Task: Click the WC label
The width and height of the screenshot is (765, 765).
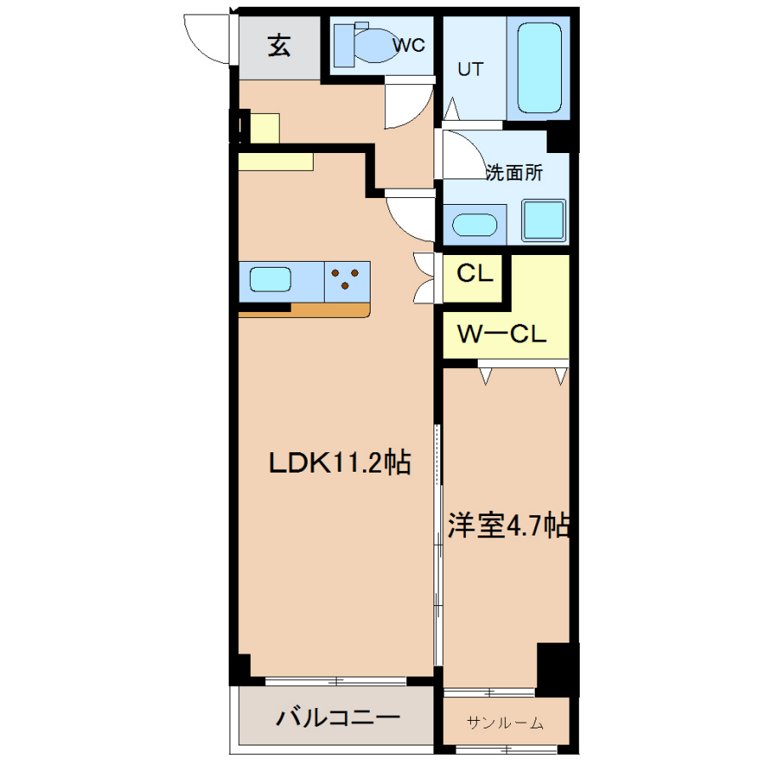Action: [x=409, y=45]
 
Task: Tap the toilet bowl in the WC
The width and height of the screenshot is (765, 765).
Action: [x=375, y=45]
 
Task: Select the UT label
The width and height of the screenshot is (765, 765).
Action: [x=470, y=70]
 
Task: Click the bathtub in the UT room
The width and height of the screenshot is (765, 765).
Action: [x=539, y=68]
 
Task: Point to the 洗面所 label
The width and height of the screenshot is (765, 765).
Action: [x=513, y=173]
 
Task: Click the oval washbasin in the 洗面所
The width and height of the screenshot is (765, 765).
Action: [x=474, y=225]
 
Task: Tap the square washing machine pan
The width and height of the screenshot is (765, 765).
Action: [x=543, y=220]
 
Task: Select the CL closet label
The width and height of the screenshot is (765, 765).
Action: [x=474, y=273]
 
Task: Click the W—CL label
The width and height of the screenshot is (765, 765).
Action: [x=501, y=334]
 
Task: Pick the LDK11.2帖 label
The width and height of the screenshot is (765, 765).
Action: [x=340, y=462]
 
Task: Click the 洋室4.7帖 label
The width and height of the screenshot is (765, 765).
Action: [x=508, y=525]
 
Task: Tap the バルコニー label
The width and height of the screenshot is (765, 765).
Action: [x=338, y=717]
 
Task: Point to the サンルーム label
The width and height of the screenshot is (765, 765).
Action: [x=505, y=722]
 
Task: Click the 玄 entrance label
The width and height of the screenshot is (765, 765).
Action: [x=279, y=46]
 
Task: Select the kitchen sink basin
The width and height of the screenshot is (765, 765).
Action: [x=270, y=280]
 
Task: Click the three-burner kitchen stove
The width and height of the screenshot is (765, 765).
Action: [x=347, y=281]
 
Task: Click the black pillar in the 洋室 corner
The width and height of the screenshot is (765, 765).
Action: [x=557, y=668]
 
